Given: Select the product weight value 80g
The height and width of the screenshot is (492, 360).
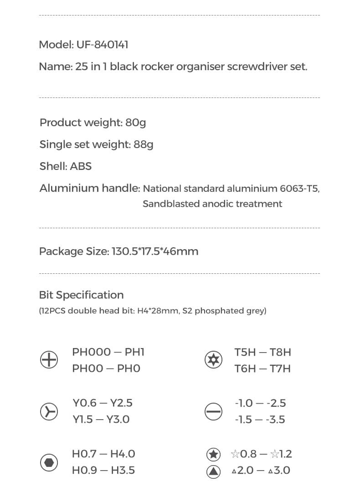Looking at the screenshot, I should click(135, 123).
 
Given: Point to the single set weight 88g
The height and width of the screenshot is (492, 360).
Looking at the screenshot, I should click(144, 144).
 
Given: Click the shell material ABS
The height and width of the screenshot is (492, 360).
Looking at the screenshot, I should click(81, 166).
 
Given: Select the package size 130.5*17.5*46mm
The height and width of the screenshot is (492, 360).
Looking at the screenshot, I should click(155, 251).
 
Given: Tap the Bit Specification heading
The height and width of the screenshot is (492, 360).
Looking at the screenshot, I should click(81, 295).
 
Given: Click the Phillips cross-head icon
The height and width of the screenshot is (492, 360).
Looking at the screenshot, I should click(49, 360).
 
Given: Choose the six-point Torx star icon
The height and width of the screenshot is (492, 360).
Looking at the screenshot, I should click(213, 360).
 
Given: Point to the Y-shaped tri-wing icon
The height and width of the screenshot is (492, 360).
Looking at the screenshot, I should click(49, 411).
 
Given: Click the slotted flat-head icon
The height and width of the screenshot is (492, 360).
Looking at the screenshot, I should click(213, 411).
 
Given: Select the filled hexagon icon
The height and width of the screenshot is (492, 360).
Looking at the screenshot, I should click(49, 462).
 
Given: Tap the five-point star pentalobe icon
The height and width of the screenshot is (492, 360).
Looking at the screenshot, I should click(213, 454).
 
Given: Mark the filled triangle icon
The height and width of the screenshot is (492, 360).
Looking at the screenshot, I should click(213, 471).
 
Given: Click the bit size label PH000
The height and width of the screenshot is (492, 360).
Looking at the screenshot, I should click(91, 352).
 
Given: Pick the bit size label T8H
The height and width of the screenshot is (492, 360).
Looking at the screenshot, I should click(280, 352).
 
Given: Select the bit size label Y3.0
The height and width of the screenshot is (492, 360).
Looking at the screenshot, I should click(118, 420).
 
